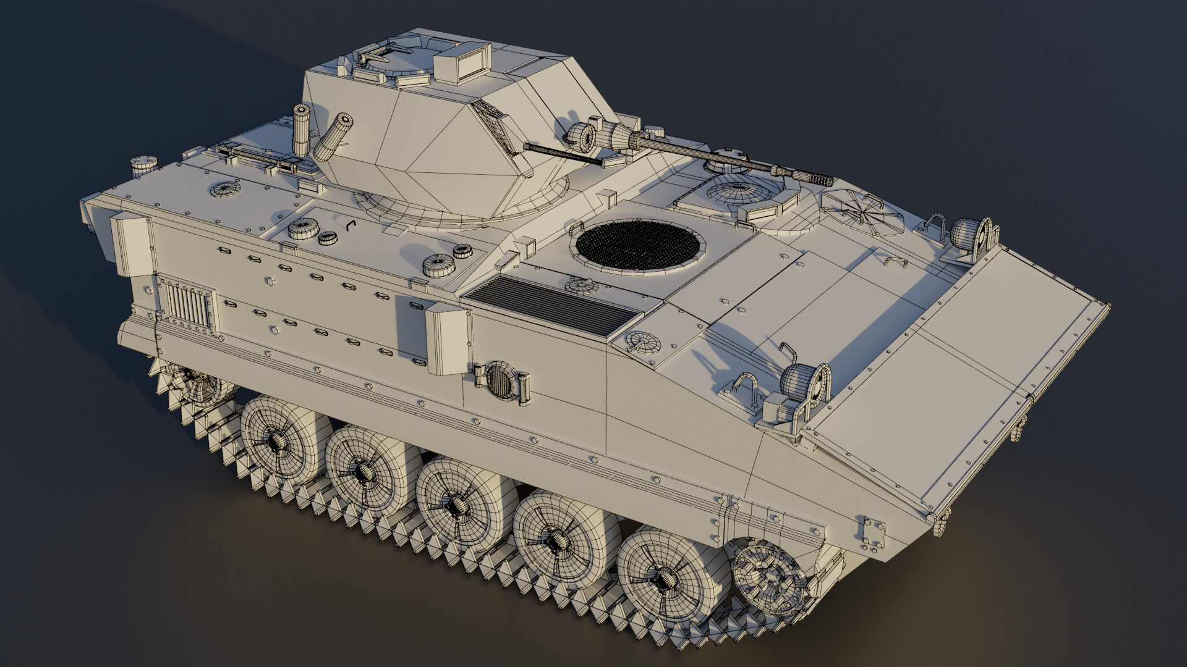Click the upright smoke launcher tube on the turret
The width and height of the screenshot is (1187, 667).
point(301,130)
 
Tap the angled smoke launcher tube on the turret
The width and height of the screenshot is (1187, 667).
point(334,136)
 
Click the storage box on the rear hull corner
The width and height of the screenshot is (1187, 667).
point(131,243)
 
